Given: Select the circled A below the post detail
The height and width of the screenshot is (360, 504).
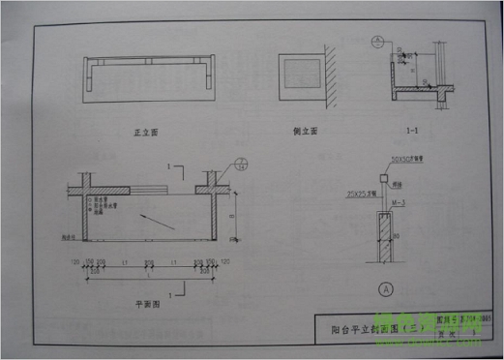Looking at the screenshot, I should pyautogui.click(x=387, y=286).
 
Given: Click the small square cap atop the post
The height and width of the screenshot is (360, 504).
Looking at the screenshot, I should pyautogui.click(x=385, y=181).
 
